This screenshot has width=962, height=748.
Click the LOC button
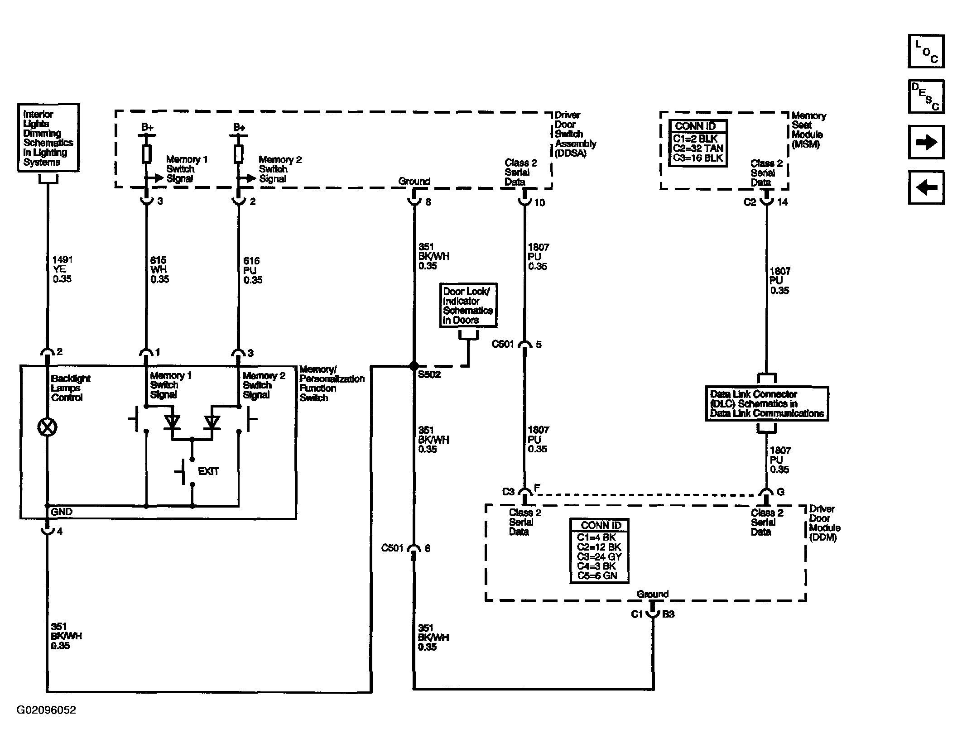[x=926, y=51]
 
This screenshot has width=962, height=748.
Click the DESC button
[x=926, y=96]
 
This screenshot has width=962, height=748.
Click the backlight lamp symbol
[x=47, y=427]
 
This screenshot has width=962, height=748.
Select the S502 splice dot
[x=414, y=366]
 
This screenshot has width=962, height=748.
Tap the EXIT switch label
[x=208, y=471]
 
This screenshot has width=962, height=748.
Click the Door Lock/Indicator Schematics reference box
[x=468, y=305]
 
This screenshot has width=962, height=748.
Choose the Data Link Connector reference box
[x=767, y=403]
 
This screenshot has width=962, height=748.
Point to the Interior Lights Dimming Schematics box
[x=48, y=138]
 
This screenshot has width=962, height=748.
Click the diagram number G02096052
[x=46, y=710]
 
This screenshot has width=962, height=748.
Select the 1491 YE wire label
[x=63, y=269]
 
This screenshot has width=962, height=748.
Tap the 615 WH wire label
[x=159, y=270]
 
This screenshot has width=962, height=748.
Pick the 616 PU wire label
[x=253, y=270]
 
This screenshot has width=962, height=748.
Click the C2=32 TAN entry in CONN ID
[x=698, y=149]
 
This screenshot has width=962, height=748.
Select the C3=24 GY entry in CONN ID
[x=599, y=556]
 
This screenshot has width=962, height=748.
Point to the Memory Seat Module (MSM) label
[x=808, y=130]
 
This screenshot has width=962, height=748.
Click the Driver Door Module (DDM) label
[x=824, y=523]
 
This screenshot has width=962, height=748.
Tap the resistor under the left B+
[x=146, y=154]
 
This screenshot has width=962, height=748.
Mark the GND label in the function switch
[x=62, y=512]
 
